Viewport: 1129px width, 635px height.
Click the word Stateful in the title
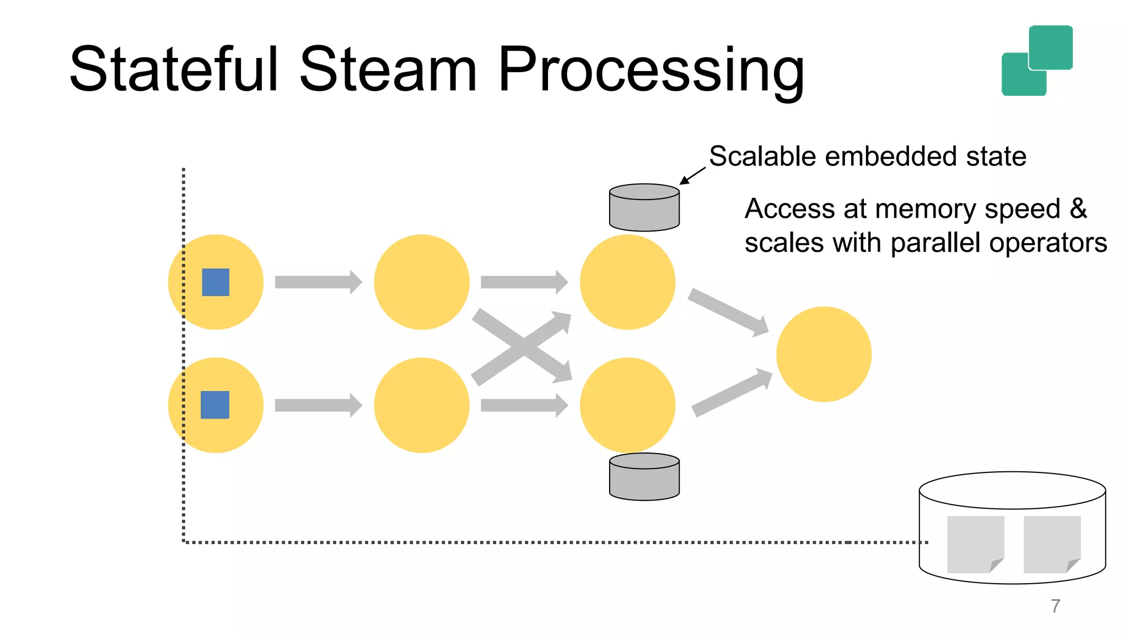[x=174, y=69]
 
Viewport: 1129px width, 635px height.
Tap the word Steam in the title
[x=388, y=69]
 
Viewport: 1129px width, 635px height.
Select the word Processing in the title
[x=650, y=72]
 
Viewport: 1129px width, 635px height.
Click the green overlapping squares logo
[x=1036, y=61]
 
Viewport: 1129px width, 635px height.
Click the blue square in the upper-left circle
[x=216, y=282]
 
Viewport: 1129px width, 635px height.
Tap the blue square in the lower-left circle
[x=215, y=405]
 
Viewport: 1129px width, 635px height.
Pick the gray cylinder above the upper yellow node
[x=644, y=208]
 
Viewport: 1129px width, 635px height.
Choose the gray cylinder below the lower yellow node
[x=644, y=477]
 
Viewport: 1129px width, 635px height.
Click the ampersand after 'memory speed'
[x=1078, y=209]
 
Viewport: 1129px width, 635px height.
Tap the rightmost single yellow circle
[x=824, y=354]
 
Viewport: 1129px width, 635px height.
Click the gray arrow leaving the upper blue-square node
[x=318, y=282]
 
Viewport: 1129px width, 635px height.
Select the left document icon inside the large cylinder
[x=975, y=544]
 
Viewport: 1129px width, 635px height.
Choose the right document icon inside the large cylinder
[x=1051, y=544]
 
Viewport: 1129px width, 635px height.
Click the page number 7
[x=1055, y=606]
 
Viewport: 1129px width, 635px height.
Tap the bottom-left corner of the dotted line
[x=184, y=542]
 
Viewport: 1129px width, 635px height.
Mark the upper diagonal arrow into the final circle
[x=728, y=311]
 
